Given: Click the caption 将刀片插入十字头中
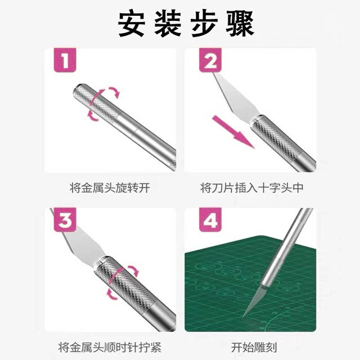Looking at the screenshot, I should click(248, 188).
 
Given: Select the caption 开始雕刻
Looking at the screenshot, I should click(248, 346).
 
